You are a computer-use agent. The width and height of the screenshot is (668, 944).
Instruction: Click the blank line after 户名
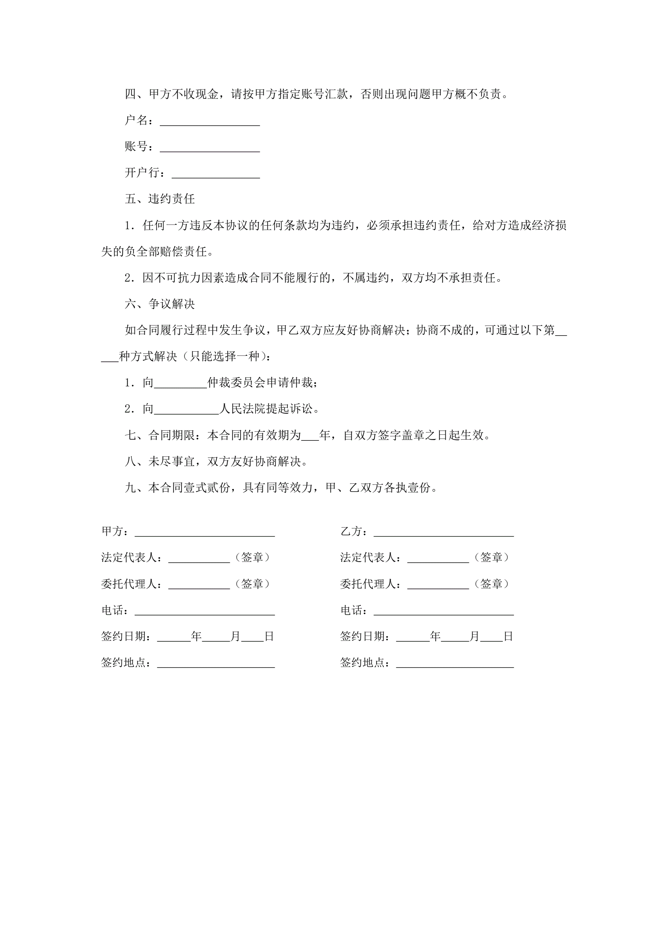(210, 122)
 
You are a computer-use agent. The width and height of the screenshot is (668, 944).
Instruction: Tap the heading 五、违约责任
(159, 199)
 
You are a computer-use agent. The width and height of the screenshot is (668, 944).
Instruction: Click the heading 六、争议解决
(159, 304)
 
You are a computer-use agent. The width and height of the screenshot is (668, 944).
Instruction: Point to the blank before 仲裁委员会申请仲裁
(180, 384)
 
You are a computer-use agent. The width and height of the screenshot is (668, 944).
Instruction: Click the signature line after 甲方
(205, 533)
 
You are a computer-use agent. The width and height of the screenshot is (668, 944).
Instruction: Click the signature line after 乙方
(443, 533)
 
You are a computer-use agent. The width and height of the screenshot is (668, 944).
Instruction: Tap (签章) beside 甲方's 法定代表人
(252, 557)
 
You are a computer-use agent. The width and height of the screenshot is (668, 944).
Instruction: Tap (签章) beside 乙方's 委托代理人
(491, 584)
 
